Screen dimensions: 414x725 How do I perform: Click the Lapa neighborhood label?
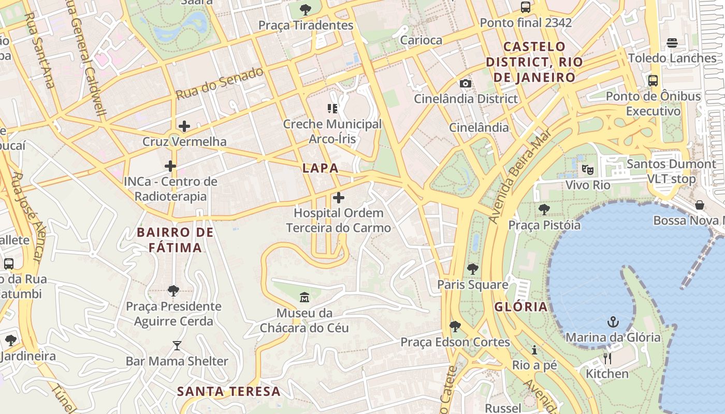click(x=320, y=168)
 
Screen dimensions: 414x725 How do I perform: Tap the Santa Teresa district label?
click(x=229, y=391)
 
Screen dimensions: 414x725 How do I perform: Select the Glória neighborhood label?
click(x=520, y=307)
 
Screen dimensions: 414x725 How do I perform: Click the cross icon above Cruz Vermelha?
click(x=184, y=126)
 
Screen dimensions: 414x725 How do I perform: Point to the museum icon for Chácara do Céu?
click(x=304, y=298)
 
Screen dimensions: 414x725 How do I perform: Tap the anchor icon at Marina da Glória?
click(x=613, y=322)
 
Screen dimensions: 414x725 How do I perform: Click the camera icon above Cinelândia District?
click(x=465, y=83)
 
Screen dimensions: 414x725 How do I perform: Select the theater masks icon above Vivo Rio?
click(x=587, y=169)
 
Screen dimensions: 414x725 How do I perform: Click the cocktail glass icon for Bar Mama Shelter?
click(x=177, y=346)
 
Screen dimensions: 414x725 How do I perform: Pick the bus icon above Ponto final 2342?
click(x=526, y=7)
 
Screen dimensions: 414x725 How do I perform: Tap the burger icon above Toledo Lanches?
click(x=672, y=42)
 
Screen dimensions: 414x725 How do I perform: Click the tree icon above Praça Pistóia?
click(x=544, y=210)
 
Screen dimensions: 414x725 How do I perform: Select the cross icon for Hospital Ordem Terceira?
click(x=338, y=198)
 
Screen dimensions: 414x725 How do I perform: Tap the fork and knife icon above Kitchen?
click(x=607, y=358)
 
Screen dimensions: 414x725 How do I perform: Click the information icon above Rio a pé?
click(x=534, y=350)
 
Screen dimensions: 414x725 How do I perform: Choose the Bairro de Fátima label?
click(x=175, y=240)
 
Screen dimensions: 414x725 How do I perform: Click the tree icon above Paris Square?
click(x=472, y=269)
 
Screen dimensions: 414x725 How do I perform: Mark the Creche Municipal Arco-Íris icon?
click(x=332, y=109)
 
